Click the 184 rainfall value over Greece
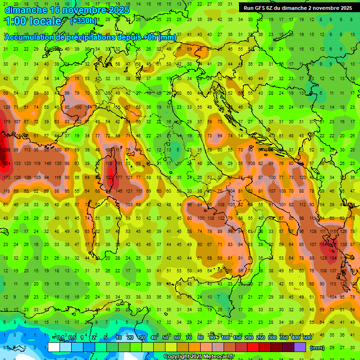click(x=334, y=258)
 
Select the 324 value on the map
click(x=7, y=164)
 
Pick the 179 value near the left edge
click(x=7, y=122)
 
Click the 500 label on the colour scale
click(x=307, y=338)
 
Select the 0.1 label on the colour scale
click(x=60, y=338)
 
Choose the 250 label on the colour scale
click(x=260, y=338)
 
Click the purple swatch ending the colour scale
click(x=300, y=347)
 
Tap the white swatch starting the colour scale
click(x=53, y=347)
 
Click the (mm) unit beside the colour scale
click(x=317, y=347)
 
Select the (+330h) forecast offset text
click(x=83, y=21)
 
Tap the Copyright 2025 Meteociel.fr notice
click(x=199, y=356)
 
